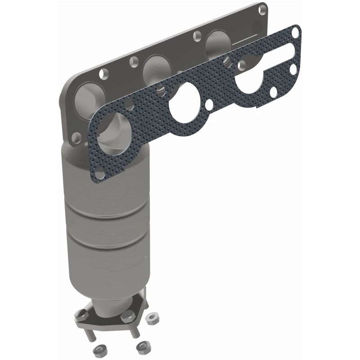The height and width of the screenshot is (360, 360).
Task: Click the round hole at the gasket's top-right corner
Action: tap(295, 31)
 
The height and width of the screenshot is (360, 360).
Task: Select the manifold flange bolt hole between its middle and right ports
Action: tap(196, 35)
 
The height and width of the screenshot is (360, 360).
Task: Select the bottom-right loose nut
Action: tap(143, 347)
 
